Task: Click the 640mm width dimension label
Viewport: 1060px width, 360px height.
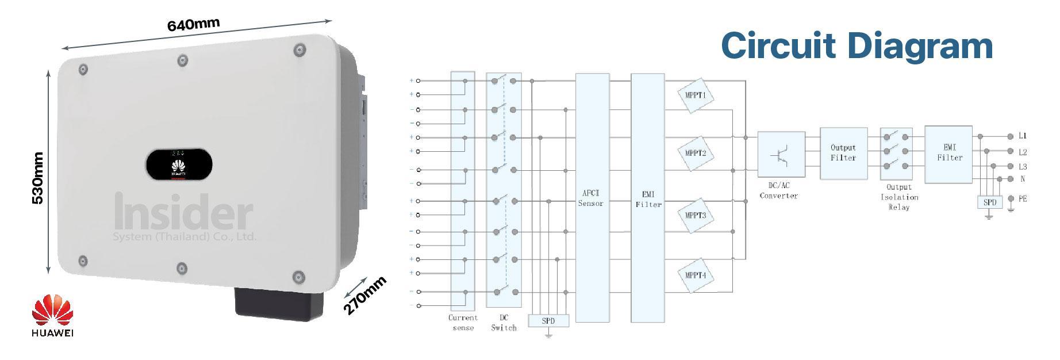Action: tap(193, 25)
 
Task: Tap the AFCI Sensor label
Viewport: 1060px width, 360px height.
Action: tap(591, 198)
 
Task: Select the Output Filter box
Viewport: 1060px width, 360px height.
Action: tap(843, 153)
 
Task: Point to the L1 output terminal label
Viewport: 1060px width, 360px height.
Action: tap(1023, 136)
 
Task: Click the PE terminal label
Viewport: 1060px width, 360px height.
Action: tap(1023, 199)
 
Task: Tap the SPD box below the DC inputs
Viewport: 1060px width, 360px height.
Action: tap(548, 321)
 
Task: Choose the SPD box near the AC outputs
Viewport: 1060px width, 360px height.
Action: tap(989, 202)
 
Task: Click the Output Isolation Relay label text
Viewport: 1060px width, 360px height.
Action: tap(899, 197)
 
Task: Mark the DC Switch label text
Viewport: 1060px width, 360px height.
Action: tap(504, 323)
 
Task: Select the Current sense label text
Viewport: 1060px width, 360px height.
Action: tap(463, 323)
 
